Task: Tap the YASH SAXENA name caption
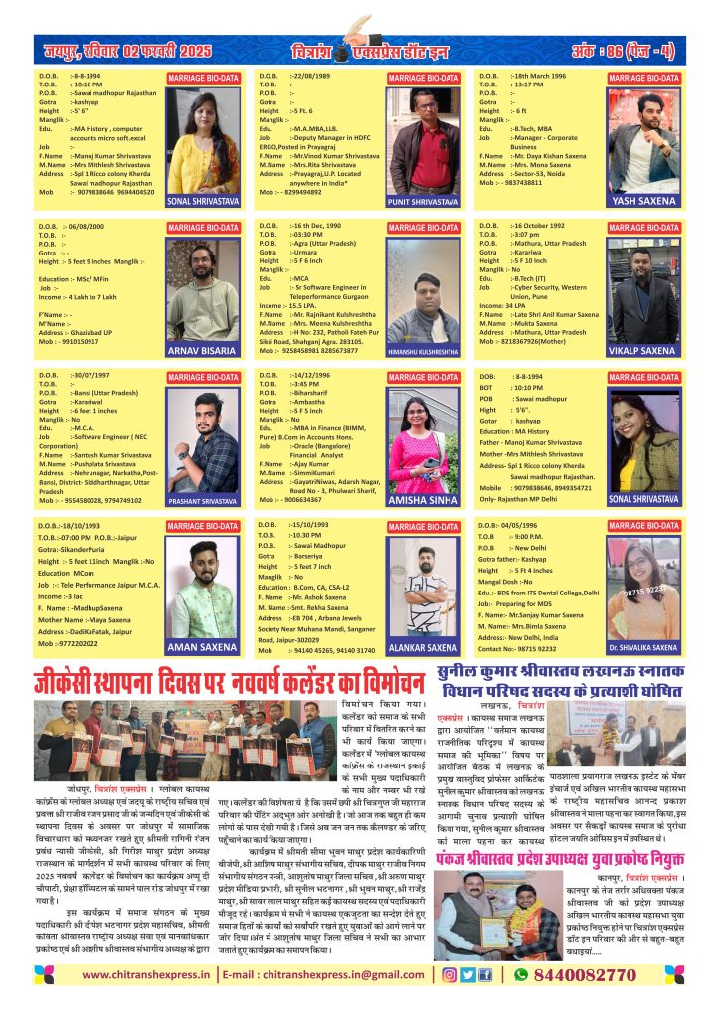click(x=647, y=201)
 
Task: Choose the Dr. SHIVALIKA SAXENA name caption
click(x=647, y=647)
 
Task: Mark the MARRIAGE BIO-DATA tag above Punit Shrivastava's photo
click(x=423, y=78)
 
